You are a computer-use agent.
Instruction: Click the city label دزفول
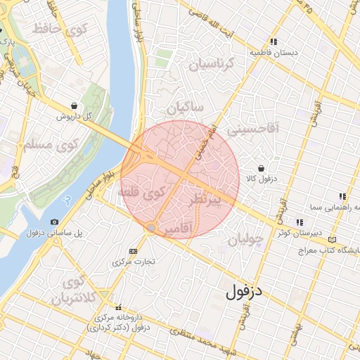247,292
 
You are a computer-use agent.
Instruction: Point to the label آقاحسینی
256,127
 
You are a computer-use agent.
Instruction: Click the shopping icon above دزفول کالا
262,169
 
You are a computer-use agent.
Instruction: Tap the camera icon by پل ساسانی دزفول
56,222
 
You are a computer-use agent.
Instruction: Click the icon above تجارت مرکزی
134,251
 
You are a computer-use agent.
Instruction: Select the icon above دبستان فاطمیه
274,41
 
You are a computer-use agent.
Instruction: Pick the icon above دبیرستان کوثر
300,222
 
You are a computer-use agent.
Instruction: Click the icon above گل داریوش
74,105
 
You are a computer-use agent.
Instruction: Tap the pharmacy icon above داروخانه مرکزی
117,307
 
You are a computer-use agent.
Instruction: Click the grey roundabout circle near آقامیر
150,228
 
